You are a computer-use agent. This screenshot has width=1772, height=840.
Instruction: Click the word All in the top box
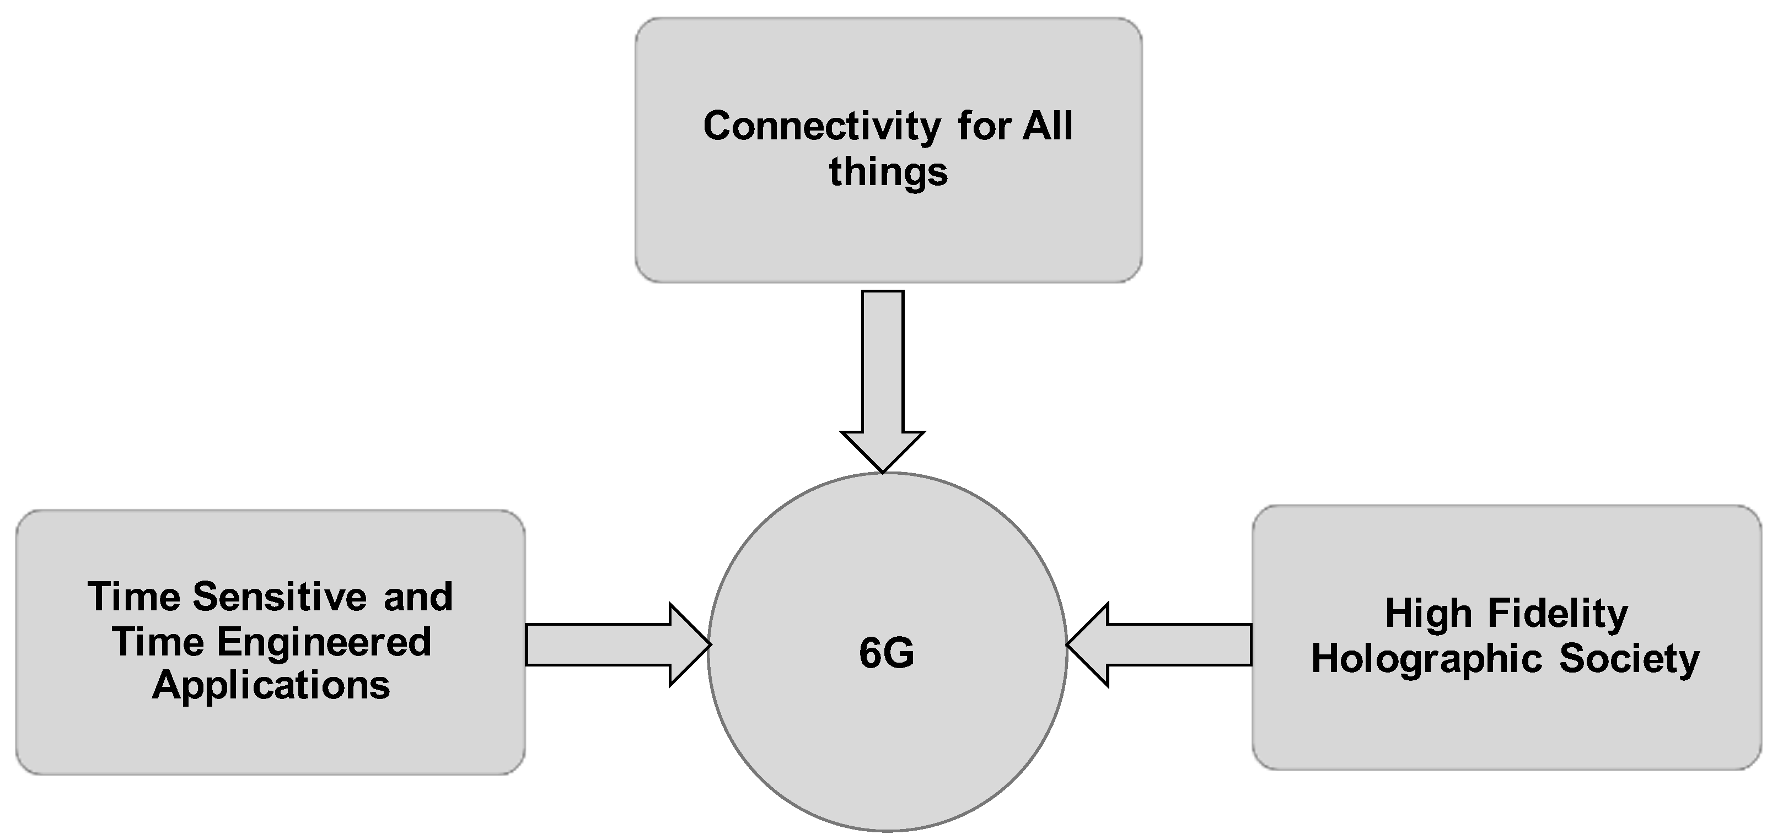[1046, 127]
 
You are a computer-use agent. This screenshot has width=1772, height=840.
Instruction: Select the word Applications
[271, 686]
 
